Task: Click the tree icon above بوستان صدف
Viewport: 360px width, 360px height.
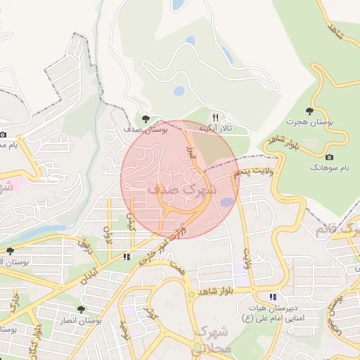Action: [146, 119]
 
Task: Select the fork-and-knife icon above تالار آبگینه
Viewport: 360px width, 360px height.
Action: [216, 118]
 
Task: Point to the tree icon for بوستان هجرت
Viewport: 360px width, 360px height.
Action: [309, 111]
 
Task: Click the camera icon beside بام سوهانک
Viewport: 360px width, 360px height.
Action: [330, 157]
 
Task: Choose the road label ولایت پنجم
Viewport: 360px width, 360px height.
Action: [252, 171]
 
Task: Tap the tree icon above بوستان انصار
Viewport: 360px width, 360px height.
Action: [82, 309]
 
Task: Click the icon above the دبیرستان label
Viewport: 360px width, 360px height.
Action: [273, 297]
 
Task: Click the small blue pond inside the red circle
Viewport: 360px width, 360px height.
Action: [227, 202]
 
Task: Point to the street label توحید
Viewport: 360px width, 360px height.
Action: [125, 328]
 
